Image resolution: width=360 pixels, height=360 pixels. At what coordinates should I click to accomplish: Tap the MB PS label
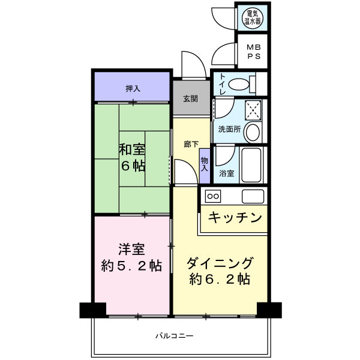tap(254, 52)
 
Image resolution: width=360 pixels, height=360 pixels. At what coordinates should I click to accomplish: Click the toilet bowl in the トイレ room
tap(239, 84)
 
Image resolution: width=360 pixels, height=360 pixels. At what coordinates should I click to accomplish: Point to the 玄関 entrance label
tap(190, 98)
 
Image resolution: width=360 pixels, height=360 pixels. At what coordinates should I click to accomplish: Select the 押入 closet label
tap(133, 88)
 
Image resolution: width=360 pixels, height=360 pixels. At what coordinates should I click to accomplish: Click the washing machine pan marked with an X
tap(253, 110)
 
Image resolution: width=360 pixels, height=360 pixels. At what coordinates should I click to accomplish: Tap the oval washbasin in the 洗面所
tap(253, 132)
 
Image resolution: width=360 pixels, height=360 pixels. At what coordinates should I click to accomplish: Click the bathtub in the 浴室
tap(251, 165)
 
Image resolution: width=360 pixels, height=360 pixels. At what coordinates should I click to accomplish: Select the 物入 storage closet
tap(205, 166)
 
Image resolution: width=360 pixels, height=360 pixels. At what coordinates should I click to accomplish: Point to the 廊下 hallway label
tap(191, 144)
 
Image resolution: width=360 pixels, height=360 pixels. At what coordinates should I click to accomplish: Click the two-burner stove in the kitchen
tap(213, 196)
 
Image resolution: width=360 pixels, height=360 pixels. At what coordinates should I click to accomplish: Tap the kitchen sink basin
tap(253, 196)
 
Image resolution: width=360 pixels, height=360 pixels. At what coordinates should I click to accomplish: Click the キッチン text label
tap(235, 217)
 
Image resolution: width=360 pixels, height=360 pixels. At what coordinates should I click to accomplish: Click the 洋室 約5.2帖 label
tap(131, 257)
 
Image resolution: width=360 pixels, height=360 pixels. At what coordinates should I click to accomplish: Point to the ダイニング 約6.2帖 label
tap(220, 271)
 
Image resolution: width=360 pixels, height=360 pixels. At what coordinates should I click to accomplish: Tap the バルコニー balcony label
tap(175, 336)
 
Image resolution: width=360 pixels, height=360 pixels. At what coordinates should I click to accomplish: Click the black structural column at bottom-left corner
tap(93, 310)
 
